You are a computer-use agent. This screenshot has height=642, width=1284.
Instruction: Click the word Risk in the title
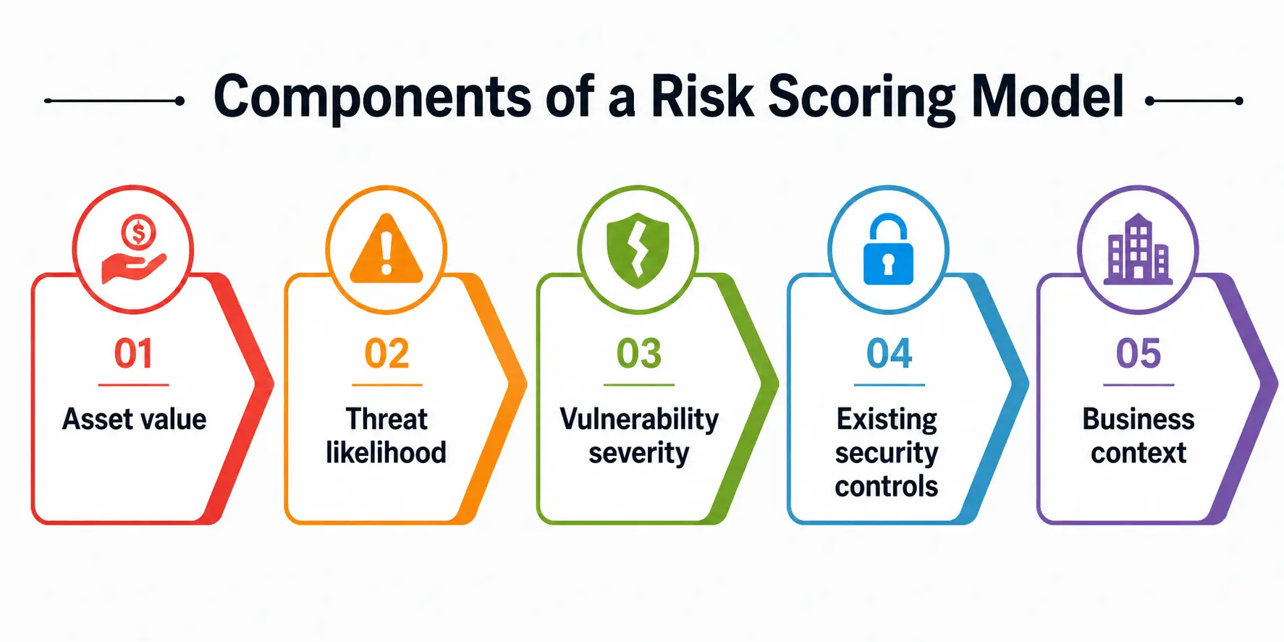(x=702, y=96)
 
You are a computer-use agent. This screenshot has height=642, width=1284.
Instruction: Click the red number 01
(x=133, y=354)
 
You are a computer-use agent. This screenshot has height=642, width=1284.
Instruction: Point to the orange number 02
(x=387, y=354)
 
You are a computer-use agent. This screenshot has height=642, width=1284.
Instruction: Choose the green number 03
(x=638, y=354)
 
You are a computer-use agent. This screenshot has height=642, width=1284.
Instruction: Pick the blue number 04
(x=889, y=354)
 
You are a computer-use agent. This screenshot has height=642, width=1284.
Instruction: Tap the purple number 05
(x=1138, y=354)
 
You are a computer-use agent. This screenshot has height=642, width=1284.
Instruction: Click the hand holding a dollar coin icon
(x=134, y=250)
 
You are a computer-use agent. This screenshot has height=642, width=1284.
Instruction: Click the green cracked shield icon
(x=638, y=250)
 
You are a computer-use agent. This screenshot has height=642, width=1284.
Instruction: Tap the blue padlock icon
(x=888, y=250)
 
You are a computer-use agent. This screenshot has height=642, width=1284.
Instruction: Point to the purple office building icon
(x=1138, y=248)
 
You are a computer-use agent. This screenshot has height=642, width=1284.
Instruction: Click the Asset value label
(x=134, y=419)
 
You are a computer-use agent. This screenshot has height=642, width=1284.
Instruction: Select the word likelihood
(x=386, y=453)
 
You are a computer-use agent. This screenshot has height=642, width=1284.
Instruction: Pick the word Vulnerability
(x=639, y=420)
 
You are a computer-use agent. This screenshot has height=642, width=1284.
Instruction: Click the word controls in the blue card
(x=886, y=486)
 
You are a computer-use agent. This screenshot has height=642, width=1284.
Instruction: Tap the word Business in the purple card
(x=1139, y=419)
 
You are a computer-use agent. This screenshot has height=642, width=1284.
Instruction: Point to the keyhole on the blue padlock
(x=888, y=265)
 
